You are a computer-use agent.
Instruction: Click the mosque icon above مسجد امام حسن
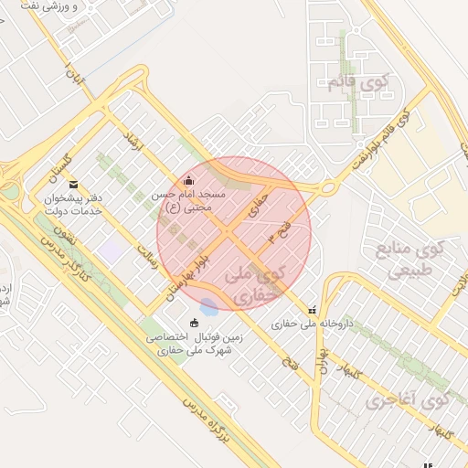coord(189,180)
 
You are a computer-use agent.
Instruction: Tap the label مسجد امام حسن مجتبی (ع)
coord(195,202)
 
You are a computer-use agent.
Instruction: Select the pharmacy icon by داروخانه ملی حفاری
coord(313,311)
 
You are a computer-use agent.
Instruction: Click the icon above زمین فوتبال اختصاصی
coord(194,323)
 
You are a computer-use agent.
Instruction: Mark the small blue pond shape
coord(209,306)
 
